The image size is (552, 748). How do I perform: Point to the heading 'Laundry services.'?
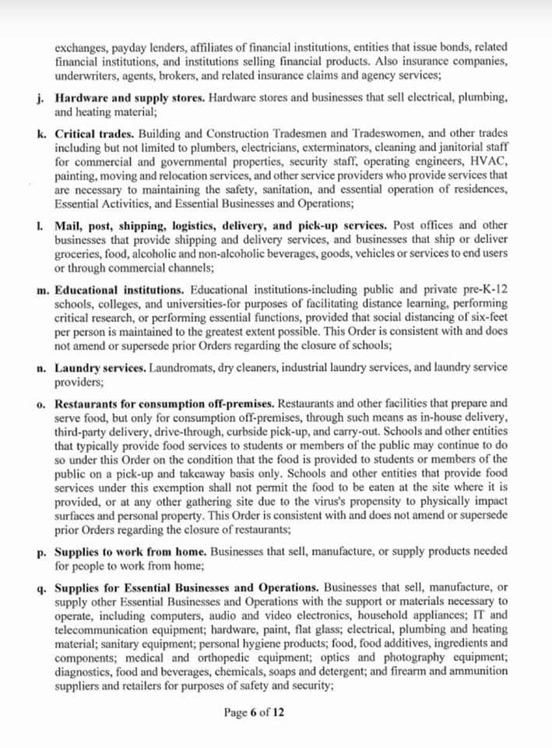pyautogui.click(x=100, y=367)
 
